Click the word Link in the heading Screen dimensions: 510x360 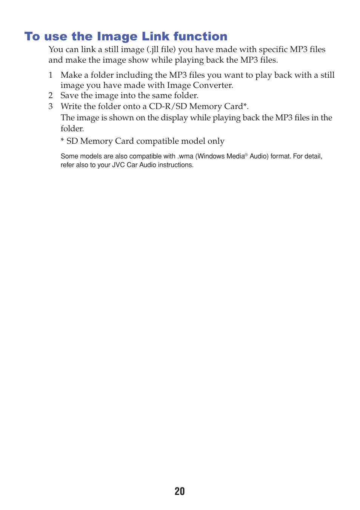(x=155, y=36)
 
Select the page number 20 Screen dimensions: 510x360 (x=180, y=491)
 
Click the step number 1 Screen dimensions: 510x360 (x=51, y=75)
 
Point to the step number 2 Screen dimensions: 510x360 (x=51, y=95)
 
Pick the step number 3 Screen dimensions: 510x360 (x=51, y=106)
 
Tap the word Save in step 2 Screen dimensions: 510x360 (x=69, y=95)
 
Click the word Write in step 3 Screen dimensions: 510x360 (x=71, y=106)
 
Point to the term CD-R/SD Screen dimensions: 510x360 (x=168, y=106)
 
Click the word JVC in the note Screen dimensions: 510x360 (x=118, y=165)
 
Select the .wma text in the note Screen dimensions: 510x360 (x=185, y=156)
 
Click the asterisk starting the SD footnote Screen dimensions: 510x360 (x=62, y=141)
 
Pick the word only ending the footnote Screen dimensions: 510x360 (x=216, y=141)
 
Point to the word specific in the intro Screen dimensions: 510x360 (x=273, y=49)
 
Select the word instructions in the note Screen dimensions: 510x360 (x=175, y=165)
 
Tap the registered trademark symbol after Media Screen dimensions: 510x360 (x=246, y=155)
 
